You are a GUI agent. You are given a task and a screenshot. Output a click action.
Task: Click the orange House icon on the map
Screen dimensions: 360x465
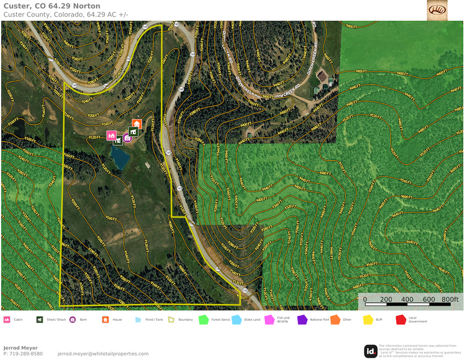(136, 123)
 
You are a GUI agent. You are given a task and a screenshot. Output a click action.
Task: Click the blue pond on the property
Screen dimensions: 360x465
(120, 157)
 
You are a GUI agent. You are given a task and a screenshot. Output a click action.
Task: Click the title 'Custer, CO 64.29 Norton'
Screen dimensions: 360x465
(51, 6)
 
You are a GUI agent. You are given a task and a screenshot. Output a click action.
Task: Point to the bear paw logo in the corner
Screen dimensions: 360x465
(437, 10)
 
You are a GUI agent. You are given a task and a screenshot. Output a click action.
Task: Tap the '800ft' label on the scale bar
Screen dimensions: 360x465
(449, 300)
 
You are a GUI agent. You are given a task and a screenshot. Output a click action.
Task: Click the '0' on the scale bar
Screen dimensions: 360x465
(365, 300)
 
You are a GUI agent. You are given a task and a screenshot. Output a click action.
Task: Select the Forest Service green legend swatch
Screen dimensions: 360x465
(203, 320)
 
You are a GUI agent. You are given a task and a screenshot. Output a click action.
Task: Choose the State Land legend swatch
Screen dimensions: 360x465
(236, 320)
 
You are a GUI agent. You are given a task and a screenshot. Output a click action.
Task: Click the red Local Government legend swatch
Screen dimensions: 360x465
(401, 320)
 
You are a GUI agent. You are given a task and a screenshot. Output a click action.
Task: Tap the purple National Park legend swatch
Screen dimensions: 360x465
(302, 320)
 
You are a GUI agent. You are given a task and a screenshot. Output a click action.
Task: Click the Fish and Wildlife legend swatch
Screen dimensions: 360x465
(269, 320)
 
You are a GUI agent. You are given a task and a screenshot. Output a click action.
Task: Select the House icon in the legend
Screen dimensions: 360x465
(105, 320)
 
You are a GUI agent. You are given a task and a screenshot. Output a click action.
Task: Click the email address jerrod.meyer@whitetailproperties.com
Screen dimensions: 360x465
(103, 354)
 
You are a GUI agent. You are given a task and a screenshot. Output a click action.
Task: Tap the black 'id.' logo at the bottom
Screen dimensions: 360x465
(371, 351)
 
